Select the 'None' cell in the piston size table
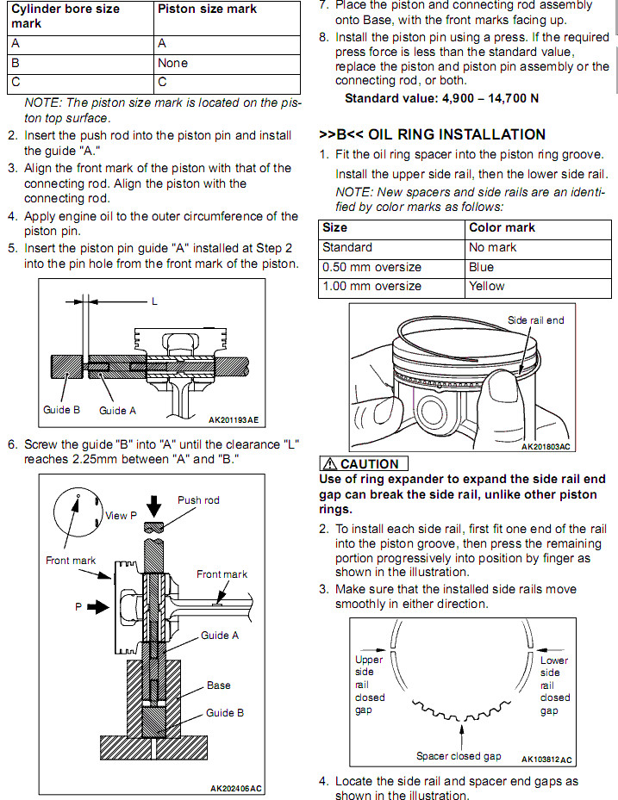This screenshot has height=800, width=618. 172,63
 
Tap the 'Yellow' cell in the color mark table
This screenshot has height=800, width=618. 487,286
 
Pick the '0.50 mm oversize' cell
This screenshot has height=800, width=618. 371,267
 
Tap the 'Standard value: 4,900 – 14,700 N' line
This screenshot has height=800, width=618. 441,98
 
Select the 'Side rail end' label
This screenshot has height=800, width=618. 535,320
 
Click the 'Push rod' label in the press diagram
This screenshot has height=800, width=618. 198,500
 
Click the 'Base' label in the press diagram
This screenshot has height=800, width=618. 218,685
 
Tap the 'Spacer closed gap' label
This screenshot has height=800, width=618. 459,756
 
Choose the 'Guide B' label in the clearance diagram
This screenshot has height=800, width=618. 62,410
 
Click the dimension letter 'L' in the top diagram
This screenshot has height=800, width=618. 154,301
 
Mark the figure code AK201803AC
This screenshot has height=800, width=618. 547,447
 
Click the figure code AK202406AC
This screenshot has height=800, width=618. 236,788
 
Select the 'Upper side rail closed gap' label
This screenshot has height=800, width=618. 370,685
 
